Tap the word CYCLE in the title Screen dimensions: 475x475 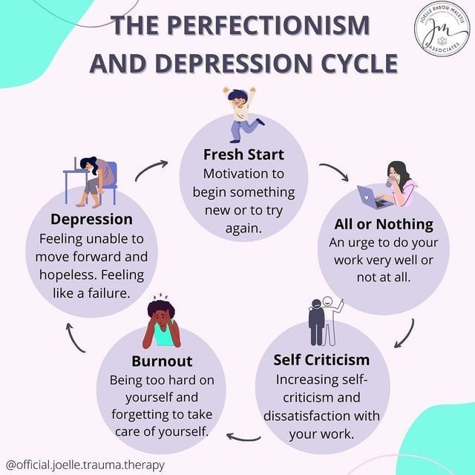(x=349, y=62)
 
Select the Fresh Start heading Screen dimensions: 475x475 (x=243, y=155)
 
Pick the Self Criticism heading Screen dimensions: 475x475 (x=321, y=359)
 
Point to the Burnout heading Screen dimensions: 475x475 (x=162, y=361)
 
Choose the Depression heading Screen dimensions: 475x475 (x=92, y=219)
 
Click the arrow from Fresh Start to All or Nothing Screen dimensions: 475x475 (x=335, y=171)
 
